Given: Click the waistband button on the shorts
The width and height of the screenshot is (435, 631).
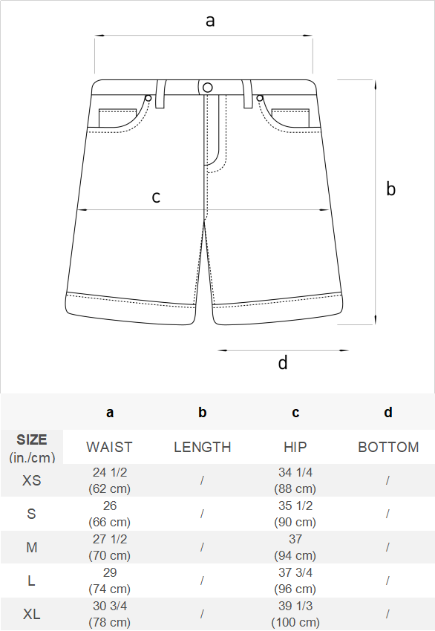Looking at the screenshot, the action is pyautogui.click(x=208, y=88).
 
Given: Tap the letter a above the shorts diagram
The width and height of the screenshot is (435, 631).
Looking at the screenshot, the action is pyautogui.click(x=210, y=21).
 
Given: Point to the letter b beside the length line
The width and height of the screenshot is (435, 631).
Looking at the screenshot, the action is pyautogui.click(x=390, y=189).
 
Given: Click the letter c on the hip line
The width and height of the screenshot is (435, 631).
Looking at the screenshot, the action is pyautogui.click(x=156, y=197).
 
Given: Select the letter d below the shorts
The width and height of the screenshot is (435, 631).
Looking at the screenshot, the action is pyautogui.click(x=283, y=362).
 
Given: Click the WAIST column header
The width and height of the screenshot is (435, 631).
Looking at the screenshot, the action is pyautogui.click(x=109, y=447).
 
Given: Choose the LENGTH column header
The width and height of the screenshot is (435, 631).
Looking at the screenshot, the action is pyautogui.click(x=203, y=447).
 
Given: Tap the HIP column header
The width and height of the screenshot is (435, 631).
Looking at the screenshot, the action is pyautogui.click(x=295, y=447).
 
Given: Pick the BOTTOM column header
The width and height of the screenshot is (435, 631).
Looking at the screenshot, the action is pyautogui.click(x=388, y=447).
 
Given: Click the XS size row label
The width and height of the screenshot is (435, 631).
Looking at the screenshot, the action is pyautogui.click(x=31, y=480).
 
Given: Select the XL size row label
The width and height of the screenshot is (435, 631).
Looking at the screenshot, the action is pyautogui.click(x=31, y=614).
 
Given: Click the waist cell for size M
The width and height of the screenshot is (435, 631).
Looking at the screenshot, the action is pyautogui.click(x=109, y=547).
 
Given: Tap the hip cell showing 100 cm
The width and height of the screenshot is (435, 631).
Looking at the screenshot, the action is pyautogui.click(x=295, y=614).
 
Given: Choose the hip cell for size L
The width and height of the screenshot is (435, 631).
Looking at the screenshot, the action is pyautogui.click(x=295, y=581).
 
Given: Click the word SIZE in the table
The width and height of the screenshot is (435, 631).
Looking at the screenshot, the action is pyautogui.click(x=32, y=439).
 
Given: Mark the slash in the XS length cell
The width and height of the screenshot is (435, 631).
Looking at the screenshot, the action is pyautogui.click(x=202, y=480).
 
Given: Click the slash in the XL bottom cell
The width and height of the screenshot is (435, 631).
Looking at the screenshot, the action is pyautogui.click(x=387, y=614).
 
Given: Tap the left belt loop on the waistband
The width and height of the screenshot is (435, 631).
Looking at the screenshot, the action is pyautogui.click(x=160, y=94).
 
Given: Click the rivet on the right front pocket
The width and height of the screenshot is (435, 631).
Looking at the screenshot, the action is pyautogui.click(x=260, y=98).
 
